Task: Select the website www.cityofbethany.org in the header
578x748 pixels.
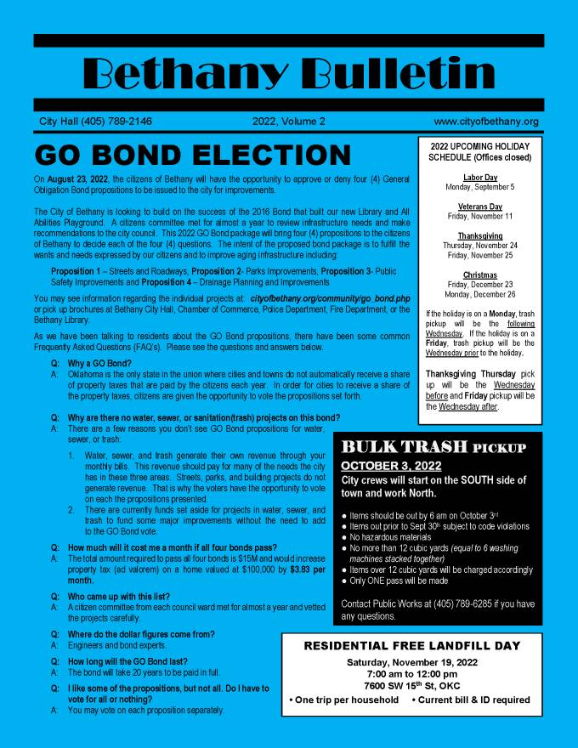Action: [x=486, y=122]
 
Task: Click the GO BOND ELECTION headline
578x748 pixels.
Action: [x=193, y=156]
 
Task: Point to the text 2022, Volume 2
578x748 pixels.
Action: [x=289, y=122]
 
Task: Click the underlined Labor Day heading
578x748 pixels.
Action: [x=480, y=178]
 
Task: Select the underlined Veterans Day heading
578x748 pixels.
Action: [x=480, y=207]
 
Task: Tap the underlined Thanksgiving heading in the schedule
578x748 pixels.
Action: [x=480, y=236]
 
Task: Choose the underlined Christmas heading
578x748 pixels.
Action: [x=480, y=275]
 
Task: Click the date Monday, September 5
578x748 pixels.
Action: [x=480, y=187]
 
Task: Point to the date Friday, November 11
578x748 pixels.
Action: [x=480, y=217]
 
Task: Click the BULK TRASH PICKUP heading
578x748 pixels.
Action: [x=433, y=448]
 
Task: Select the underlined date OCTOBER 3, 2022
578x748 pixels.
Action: [x=391, y=466]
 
